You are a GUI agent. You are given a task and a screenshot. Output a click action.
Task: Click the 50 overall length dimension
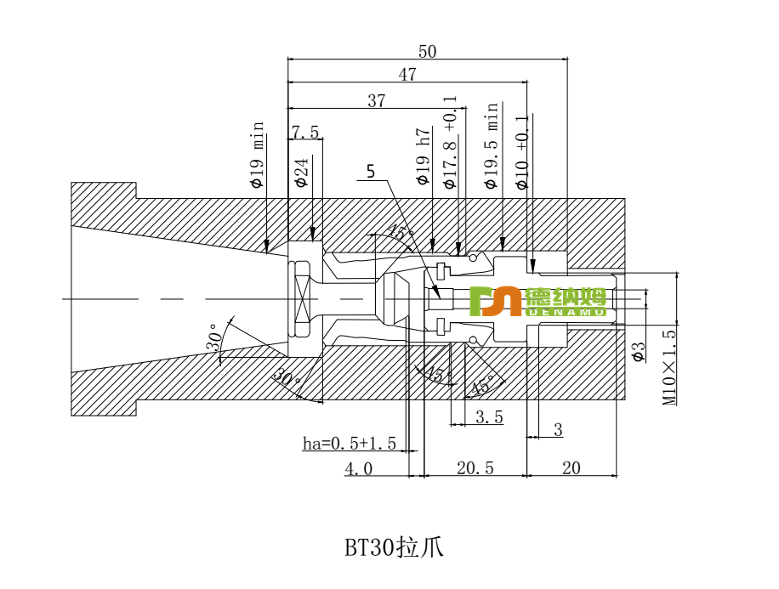tap(427, 52)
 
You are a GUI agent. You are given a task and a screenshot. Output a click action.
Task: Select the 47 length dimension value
tap(407, 75)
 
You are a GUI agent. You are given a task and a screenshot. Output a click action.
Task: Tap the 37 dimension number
tap(377, 101)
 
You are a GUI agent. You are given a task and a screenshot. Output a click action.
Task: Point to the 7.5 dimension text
tap(305, 133)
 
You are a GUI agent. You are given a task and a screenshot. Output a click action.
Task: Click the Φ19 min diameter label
tap(258, 155)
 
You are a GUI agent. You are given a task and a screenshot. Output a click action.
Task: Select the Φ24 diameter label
tap(301, 172)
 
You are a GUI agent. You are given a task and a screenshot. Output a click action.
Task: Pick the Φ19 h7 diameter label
tap(424, 157)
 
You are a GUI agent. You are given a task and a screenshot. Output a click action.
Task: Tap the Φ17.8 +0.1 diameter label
tap(450, 143)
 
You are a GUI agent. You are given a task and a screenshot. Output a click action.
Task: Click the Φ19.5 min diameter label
tap(492, 146)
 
